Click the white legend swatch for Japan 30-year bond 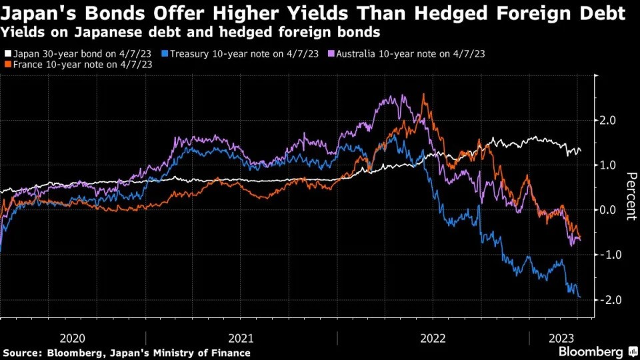point(7,53)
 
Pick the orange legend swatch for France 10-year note point(7,65)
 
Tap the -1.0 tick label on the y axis point(611,255)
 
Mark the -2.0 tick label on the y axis point(611,300)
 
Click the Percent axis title point(629,196)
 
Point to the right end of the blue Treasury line point(580,297)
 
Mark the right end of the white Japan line point(581,151)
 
